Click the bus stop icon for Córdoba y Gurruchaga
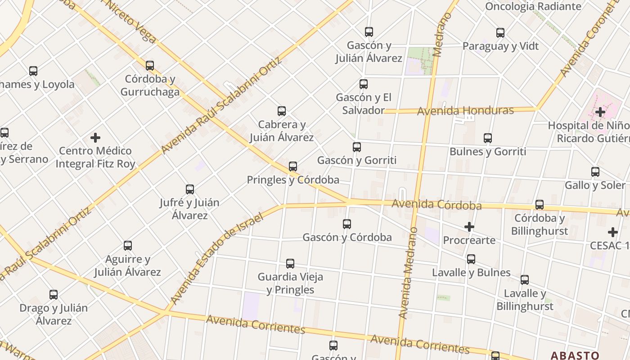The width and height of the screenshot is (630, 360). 150,66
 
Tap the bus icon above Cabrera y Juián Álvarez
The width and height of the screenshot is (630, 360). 282,111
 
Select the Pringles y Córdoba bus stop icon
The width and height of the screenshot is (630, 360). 293,166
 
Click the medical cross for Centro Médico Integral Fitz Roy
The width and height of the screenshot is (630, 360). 95,137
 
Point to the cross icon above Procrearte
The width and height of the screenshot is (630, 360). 469,227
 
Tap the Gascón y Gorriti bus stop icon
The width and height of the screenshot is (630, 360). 357,147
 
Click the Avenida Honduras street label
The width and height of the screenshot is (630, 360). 465,111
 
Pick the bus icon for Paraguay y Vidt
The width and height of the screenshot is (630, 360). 500,33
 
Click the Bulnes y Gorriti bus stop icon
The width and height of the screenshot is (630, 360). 488,138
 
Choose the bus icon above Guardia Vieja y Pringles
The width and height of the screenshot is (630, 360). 290,264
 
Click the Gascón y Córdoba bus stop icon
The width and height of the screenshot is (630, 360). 347,224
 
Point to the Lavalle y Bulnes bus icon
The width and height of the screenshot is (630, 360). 471,259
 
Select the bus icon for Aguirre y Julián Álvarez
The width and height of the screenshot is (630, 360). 128,246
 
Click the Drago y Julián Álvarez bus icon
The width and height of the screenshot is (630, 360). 54,295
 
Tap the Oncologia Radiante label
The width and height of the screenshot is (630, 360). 533,6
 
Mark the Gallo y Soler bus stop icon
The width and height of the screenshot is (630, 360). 595,172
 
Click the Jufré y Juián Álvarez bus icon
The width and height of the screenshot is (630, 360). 190,189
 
